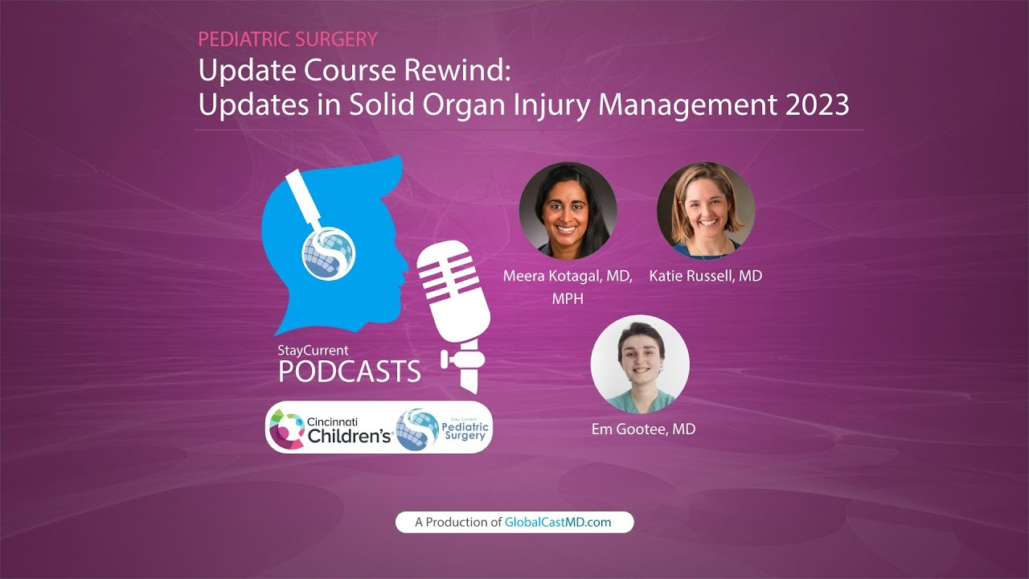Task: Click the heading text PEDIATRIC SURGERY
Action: coord(288,39)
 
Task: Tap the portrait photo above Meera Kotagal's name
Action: coord(568,211)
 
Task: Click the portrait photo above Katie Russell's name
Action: coord(705,211)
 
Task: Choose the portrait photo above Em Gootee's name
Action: coord(639,363)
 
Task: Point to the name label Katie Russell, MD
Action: coord(705,276)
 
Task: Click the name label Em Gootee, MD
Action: coord(643,429)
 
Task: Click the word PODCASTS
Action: coord(350,371)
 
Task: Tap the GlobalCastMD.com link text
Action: coord(557,522)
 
